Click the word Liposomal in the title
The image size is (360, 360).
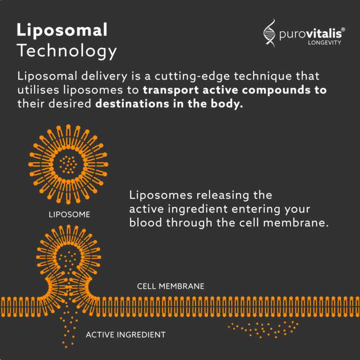click(62, 30)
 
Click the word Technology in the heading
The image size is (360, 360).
click(67, 51)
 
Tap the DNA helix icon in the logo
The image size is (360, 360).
click(270, 34)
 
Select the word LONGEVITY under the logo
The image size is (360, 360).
click(324, 43)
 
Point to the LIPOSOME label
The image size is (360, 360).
click(69, 215)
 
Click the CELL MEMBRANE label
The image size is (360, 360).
click(171, 286)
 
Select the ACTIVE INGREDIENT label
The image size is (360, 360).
click(126, 335)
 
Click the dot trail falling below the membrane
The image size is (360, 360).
click(70, 328)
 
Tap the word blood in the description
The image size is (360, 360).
click(145, 223)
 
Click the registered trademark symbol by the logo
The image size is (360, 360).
click(343, 30)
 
